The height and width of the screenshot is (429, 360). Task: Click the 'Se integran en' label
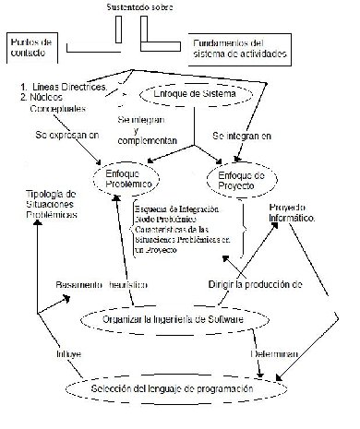tap(243, 136)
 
